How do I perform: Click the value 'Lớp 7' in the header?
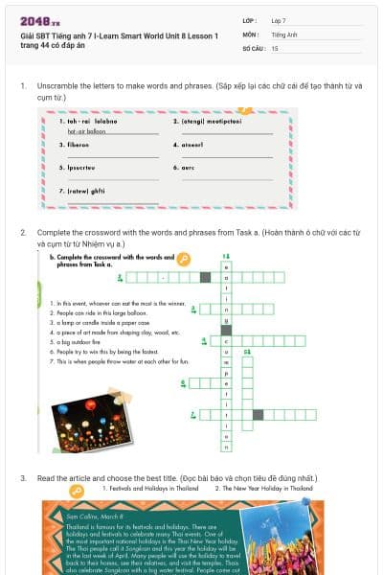(279, 20)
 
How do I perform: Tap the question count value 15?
(275, 47)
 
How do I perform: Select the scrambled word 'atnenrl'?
(189, 145)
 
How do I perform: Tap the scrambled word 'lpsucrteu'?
(80, 167)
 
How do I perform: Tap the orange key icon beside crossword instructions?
(185, 259)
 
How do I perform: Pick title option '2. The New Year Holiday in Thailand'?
(263, 489)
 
